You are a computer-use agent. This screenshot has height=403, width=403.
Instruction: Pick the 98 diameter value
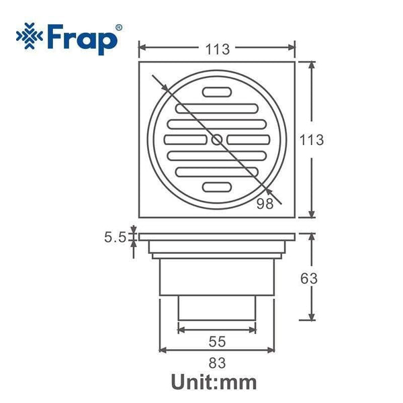point(265,204)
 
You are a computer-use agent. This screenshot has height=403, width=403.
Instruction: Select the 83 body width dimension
point(216,364)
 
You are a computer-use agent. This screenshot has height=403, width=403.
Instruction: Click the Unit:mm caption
point(214,384)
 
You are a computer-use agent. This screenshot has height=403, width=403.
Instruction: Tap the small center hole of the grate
point(216,140)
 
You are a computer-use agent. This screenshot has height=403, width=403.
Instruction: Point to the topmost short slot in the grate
point(216,93)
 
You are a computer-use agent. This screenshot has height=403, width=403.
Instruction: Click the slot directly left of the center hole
point(185,140)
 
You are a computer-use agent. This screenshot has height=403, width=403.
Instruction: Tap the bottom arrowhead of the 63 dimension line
point(312,318)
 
